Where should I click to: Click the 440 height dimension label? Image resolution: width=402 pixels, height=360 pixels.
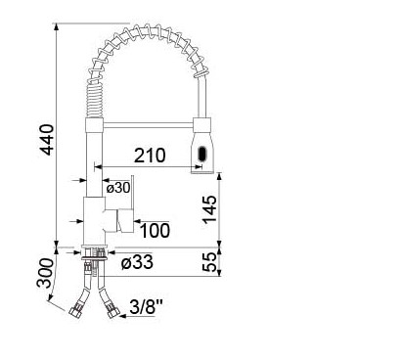[x=48, y=140]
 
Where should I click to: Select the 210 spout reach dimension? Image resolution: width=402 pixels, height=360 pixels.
[x=150, y=156]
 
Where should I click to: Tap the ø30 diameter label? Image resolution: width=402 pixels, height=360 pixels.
[x=118, y=188]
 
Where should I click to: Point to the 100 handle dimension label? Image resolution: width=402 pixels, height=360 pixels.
[x=155, y=230]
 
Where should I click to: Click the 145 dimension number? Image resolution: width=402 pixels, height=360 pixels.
[x=209, y=209]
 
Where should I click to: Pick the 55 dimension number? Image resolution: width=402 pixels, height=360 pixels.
[x=209, y=262]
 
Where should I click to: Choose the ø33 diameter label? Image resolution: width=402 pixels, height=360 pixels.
[x=137, y=262]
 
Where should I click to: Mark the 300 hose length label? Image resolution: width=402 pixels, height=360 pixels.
[x=45, y=273]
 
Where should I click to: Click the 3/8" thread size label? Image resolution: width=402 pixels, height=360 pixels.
[x=147, y=306]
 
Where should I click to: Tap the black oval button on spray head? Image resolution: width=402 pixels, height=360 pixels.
[x=202, y=154]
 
